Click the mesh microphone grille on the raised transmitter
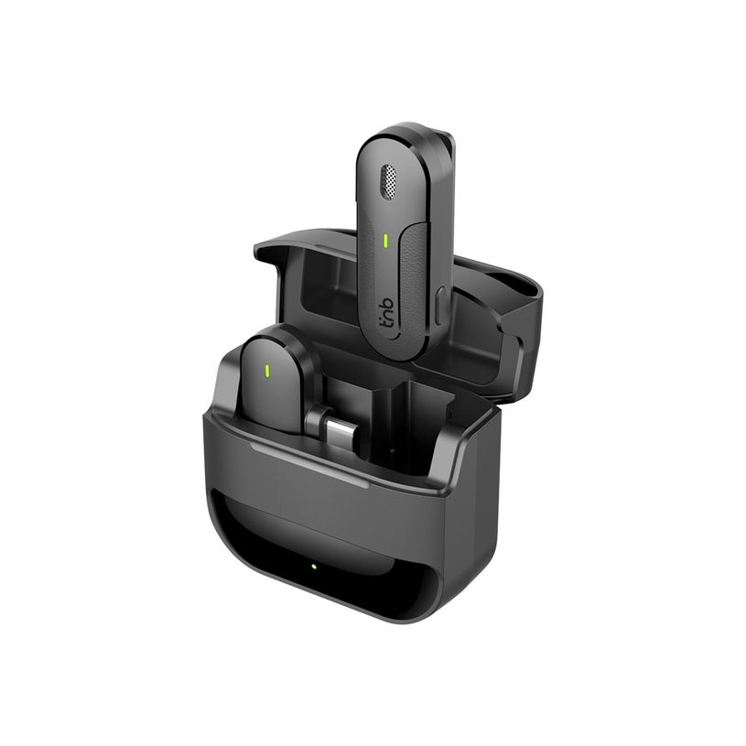click(x=390, y=182)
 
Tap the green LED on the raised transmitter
click(x=386, y=242)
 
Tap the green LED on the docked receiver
click(x=266, y=371)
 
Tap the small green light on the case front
click(x=312, y=566)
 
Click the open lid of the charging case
click(x=302, y=275)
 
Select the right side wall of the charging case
click(x=471, y=531)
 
